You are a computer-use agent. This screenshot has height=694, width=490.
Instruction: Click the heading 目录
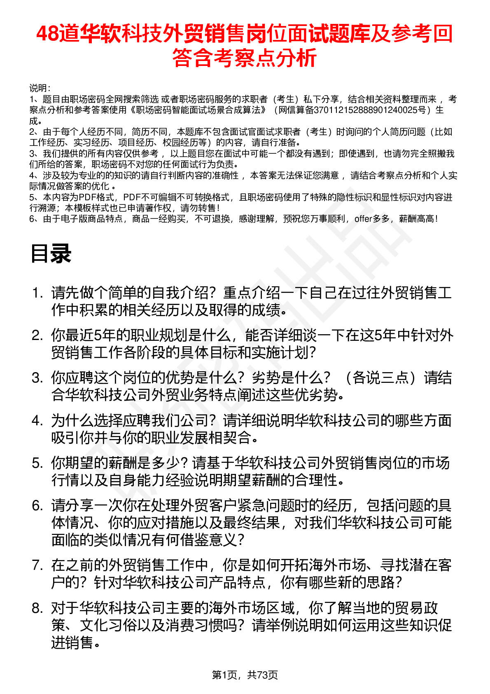[x=51, y=253]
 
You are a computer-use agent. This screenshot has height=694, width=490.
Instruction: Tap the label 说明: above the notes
[x=40, y=88]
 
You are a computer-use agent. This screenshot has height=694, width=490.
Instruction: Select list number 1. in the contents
[x=37, y=293]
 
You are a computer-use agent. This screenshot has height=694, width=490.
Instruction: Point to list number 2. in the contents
[x=37, y=336]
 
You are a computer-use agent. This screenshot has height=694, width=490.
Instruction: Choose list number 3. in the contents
[x=37, y=378]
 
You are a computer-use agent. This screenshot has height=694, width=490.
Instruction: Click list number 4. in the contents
[x=37, y=421]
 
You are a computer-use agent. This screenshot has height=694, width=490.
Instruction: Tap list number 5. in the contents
[x=37, y=463]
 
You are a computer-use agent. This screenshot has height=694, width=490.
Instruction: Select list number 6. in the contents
[x=37, y=506]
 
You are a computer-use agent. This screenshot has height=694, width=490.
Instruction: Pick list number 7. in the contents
[x=37, y=565]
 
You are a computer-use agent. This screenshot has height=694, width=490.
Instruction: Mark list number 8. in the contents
[x=37, y=608]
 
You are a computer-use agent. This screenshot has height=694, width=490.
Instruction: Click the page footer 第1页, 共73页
[x=245, y=675]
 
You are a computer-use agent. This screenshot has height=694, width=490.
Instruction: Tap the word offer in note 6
[x=363, y=219]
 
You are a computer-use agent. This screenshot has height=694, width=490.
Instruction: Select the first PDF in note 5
[x=87, y=197]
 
